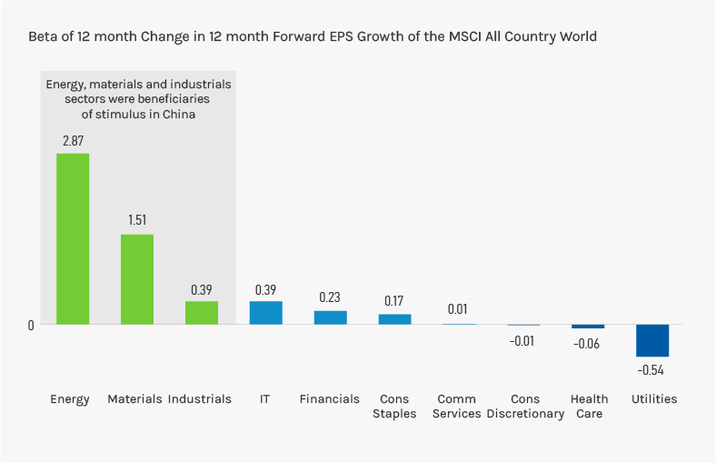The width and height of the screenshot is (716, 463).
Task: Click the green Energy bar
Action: (x=73, y=238)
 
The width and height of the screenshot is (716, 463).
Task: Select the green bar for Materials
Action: (x=137, y=279)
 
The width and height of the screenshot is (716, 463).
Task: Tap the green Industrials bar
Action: (x=202, y=312)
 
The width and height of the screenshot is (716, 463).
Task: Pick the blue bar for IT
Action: (x=266, y=312)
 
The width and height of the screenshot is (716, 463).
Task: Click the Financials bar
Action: (x=331, y=317)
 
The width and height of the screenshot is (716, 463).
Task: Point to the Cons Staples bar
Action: (x=395, y=319)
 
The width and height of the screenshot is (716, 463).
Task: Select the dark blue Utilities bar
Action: (x=652, y=340)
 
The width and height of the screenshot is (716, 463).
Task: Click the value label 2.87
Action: (x=73, y=141)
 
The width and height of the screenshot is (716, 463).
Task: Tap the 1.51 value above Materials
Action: (x=137, y=220)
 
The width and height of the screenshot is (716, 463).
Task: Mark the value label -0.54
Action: (x=651, y=369)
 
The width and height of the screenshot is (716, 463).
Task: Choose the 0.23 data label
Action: (x=331, y=297)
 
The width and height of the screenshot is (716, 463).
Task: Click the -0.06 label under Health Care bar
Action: (x=587, y=344)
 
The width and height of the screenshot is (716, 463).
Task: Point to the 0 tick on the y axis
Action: (x=31, y=325)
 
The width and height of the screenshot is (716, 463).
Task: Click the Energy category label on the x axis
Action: (x=70, y=399)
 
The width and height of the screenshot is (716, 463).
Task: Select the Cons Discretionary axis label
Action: (x=525, y=407)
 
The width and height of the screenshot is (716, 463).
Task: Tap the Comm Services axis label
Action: (x=459, y=407)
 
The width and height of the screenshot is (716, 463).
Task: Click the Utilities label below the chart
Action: (x=654, y=399)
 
